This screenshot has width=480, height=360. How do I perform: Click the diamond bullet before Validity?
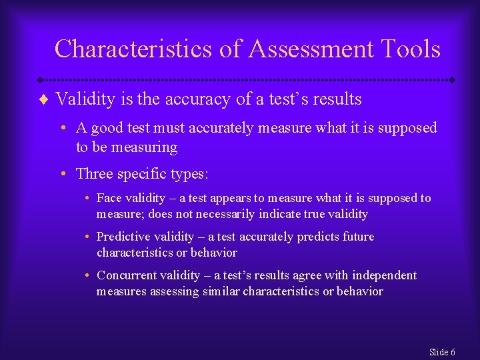click(x=44, y=100)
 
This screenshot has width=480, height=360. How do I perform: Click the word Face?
click(x=109, y=199)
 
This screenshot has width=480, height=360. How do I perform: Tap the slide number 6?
click(x=453, y=352)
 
